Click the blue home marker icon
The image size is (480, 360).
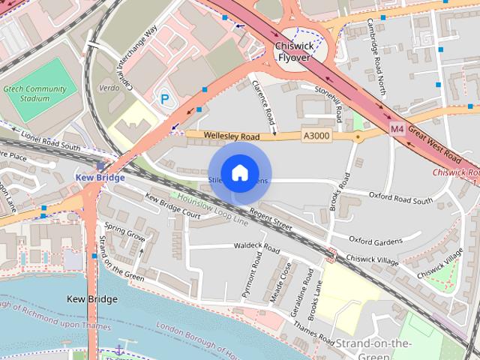(239, 172)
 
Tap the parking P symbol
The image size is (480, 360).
(164, 97)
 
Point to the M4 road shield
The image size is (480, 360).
(397, 130)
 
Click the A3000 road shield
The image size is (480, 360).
(315, 135)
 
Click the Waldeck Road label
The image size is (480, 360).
(256, 247)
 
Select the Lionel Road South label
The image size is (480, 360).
(49, 142)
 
